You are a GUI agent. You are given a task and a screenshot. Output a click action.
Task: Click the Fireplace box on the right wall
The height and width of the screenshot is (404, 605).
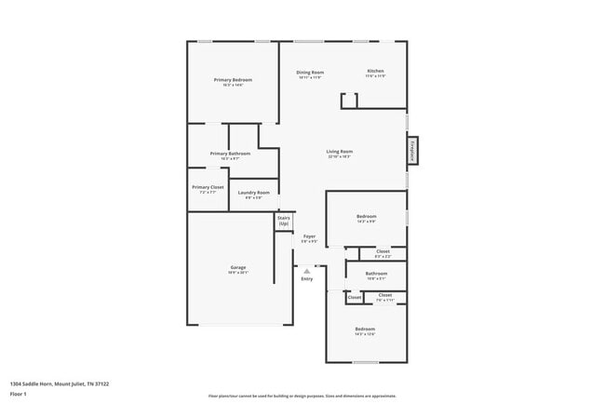(x=410, y=150)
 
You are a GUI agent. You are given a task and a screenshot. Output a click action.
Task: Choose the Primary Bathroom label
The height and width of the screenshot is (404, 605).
(x=231, y=155)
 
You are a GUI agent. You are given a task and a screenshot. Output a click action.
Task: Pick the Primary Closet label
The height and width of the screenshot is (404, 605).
(x=208, y=188)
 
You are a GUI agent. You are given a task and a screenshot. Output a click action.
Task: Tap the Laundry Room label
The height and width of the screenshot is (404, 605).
(x=253, y=195)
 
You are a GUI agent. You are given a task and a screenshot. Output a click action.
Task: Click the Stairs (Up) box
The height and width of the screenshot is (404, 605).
(x=284, y=222)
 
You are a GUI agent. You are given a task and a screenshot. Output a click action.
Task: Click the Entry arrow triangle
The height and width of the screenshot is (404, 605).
(x=307, y=271)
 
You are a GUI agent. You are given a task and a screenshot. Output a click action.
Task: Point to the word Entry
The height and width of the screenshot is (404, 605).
(x=307, y=279)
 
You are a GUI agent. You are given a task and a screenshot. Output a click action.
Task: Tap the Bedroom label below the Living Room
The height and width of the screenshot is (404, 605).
(x=366, y=219)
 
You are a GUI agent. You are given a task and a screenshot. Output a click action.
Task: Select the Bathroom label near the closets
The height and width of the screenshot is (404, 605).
(x=376, y=275)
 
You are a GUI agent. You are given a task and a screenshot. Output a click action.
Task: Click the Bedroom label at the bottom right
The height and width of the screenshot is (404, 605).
(x=364, y=330)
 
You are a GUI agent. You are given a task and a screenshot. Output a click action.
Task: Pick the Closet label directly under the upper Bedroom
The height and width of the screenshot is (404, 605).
(x=383, y=252)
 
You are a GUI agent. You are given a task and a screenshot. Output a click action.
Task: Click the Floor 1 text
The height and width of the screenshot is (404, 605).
(x=19, y=393)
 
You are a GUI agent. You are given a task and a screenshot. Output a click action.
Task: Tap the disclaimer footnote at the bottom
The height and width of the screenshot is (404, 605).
(x=302, y=396)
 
